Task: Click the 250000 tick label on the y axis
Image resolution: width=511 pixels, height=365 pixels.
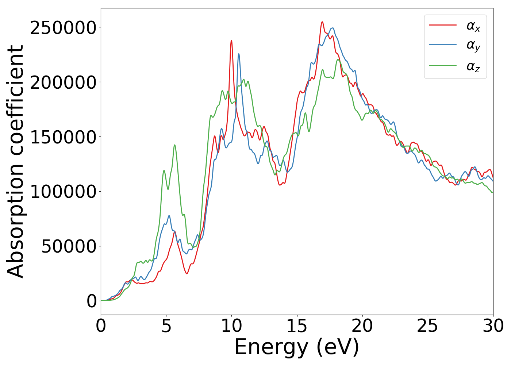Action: [x=63, y=28]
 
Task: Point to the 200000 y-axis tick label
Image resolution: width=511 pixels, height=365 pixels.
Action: [x=63, y=83]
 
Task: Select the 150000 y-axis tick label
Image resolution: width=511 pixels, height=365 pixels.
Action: [x=63, y=138]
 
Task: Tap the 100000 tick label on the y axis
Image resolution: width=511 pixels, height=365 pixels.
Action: [x=63, y=192]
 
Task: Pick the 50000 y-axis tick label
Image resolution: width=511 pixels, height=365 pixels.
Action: [x=69, y=247]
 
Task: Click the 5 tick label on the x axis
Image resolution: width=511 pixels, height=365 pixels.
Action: [x=166, y=326]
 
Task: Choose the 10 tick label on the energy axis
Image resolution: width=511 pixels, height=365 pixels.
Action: [x=231, y=326]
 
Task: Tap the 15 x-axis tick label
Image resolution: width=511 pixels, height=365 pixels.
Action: [x=297, y=326]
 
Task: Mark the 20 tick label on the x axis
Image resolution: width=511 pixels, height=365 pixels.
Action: [x=362, y=326]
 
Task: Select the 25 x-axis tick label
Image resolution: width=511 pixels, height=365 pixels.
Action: [x=427, y=326]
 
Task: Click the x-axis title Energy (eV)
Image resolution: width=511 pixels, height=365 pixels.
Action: [x=297, y=347]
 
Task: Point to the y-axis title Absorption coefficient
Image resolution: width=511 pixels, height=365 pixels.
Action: [x=16, y=162]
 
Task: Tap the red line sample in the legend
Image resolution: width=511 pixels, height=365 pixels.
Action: [x=443, y=25]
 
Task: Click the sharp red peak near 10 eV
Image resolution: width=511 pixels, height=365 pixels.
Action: [x=231, y=41]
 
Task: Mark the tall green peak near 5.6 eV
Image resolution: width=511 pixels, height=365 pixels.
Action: [x=174, y=145]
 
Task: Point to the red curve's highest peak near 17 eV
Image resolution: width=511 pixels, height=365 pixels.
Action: [x=322, y=22]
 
